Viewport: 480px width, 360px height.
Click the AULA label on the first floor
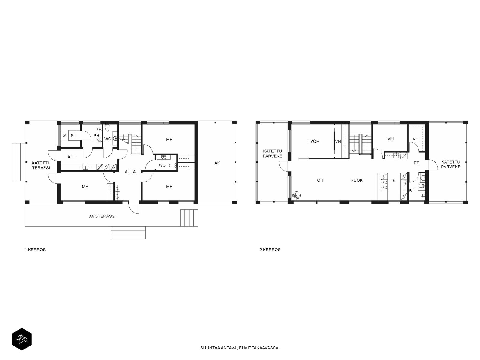point(130,172)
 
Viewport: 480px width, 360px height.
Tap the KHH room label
point(72,157)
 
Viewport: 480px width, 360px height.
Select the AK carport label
point(217,163)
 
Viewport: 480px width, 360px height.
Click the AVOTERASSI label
point(102,216)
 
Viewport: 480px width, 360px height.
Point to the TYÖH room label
point(313,141)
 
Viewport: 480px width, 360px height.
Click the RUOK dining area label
point(356,180)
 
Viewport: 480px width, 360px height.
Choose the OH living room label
point(320,180)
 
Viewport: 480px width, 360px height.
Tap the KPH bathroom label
point(413,190)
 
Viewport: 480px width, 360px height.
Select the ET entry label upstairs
point(416,163)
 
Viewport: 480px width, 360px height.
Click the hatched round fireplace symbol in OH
point(296,195)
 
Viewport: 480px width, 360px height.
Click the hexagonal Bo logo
point(22,339)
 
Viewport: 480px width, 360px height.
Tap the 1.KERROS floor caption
point(35,250)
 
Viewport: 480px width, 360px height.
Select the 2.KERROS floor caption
point(270,250)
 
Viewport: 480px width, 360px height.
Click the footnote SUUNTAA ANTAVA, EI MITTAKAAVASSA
point(240,348)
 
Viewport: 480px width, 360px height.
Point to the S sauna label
point(72,136)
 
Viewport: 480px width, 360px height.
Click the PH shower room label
point(96,136)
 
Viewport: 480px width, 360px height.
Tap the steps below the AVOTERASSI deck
point(128,233)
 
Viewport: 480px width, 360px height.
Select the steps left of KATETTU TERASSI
point(18,162)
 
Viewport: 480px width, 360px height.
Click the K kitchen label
point(394,180)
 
